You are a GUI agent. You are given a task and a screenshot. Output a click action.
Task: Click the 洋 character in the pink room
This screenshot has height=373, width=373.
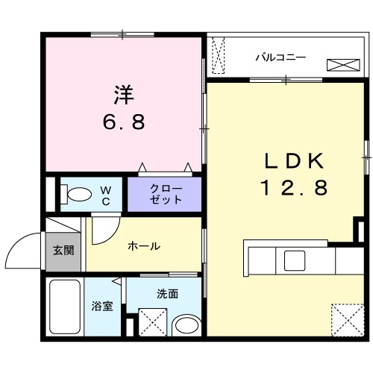(124, 95)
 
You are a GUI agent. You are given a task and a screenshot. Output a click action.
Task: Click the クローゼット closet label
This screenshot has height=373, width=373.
(165, 194)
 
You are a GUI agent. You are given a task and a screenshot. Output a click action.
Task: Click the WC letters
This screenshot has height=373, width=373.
(106, 195)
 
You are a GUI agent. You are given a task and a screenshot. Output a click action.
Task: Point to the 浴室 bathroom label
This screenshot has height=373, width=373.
(102, 307)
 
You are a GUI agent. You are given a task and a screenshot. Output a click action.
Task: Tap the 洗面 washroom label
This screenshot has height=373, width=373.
(167, 294)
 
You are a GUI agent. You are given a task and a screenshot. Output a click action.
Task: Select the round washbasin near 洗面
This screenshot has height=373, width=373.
(184, 326)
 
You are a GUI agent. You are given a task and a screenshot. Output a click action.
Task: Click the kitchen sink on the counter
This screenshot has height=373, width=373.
(292, 261)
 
